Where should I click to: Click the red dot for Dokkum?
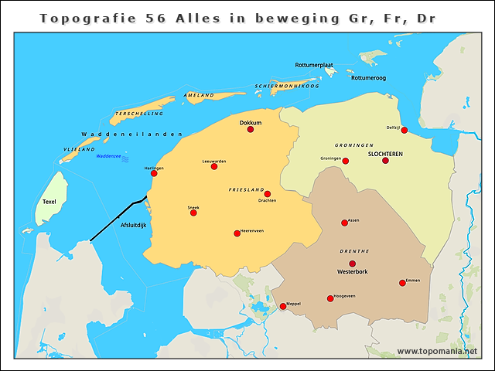coord(251,129)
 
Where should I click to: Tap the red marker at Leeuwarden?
coord(214,166)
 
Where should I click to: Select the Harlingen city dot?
coord(154,174)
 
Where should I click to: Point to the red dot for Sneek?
coord(193,213)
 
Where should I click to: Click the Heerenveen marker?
coord(237,233)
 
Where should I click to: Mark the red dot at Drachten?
coord(268,194)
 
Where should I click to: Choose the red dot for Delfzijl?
coord(404,130)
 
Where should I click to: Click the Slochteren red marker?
coord(385,160)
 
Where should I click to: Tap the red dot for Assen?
coord(345,223)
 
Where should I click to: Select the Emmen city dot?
coord(402,283)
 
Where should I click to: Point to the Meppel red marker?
coord(283,306)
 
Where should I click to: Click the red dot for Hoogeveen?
coord(330,298)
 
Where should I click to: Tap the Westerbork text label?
coord(353,273)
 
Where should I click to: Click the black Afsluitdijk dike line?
coord(116,220)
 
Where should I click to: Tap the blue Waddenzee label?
coord(108,155)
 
